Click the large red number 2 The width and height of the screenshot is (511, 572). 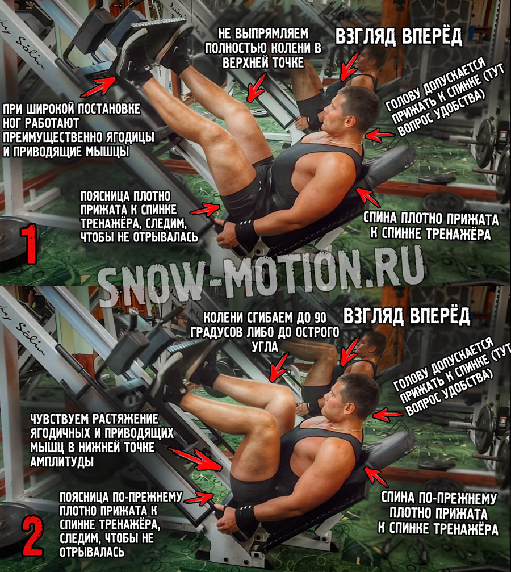(x=33, y=536)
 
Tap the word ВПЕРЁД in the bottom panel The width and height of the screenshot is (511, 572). (x=440, y=316)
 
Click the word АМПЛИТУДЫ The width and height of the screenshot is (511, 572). (x=62, y=462)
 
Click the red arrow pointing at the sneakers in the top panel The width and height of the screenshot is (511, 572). (x=98, y=87)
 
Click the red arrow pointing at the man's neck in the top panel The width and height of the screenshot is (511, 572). (x=380, y=136)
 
